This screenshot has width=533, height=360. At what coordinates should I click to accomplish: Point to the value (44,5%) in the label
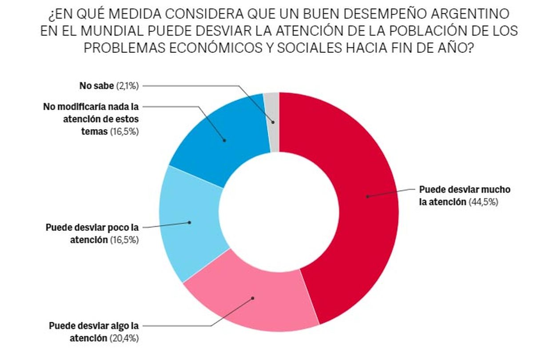tap(483, 202)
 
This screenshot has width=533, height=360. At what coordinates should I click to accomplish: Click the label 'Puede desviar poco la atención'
tap(92, 233)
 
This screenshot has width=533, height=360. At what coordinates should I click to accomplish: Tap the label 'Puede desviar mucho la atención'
tap(465, 196)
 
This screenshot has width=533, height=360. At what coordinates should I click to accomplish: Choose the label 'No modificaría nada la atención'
tap(91, 119)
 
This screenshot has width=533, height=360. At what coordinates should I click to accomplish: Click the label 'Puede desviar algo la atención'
tap(94, 332)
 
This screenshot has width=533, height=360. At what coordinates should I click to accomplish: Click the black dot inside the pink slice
tap(253, 298)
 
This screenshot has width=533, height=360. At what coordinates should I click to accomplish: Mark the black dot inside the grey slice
tap(273, 122)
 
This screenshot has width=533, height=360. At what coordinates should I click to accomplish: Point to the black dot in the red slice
tap(367, 196)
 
